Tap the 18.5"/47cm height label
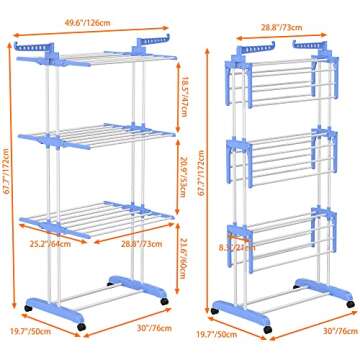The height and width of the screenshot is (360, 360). (187, 100)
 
